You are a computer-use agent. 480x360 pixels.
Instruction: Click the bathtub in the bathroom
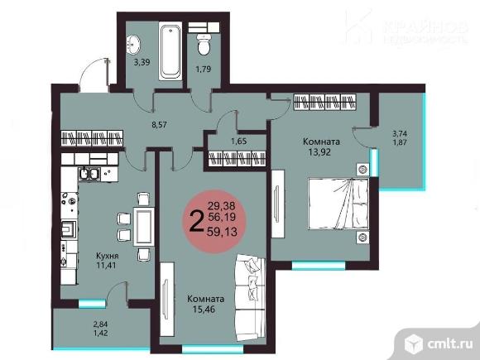[x=170, y=52]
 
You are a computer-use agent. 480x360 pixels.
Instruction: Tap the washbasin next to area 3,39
[x=133, y=44]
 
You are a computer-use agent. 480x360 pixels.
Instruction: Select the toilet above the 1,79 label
[x=204, y=44]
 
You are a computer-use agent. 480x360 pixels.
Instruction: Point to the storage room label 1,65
[x=239, y=142]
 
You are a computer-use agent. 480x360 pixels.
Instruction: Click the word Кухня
[x=107, y=256]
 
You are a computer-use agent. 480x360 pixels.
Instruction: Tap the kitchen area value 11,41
[x=106, y=265]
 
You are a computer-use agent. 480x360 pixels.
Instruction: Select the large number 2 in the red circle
[x=196, y=222]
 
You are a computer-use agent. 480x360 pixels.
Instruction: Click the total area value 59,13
[x=222, y=232]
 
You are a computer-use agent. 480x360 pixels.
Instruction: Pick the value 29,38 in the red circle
[x=221, y=205]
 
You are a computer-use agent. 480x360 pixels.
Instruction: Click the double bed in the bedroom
[x=338, y=204]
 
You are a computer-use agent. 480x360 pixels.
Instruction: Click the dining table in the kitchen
[x=143, y=227]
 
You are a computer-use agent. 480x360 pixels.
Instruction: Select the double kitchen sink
[x=89, y=174]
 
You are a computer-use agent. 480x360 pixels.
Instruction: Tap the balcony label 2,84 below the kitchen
[x=100, y=324]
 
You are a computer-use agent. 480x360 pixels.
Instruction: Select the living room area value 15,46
[x=204, y=310]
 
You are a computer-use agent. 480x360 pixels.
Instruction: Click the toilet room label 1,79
[x=204, y=69]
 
